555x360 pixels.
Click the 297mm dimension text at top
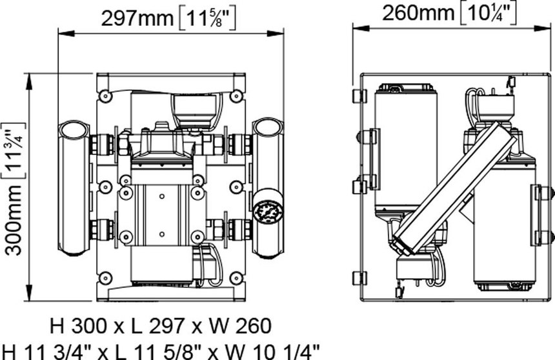(137, 19)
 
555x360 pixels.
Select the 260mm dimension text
(418, 14)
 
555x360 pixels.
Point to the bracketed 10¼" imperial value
(489, 14)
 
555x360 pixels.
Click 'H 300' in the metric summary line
(78, 326)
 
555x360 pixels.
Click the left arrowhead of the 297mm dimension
(66, 34)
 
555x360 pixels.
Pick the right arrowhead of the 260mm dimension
(543, 28)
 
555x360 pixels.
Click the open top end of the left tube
(74, 130)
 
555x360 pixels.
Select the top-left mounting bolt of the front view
(105, 95)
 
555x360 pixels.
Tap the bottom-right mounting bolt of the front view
(236, 278)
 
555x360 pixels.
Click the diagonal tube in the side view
(455, 188)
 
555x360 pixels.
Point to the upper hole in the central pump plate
(162, 197)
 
